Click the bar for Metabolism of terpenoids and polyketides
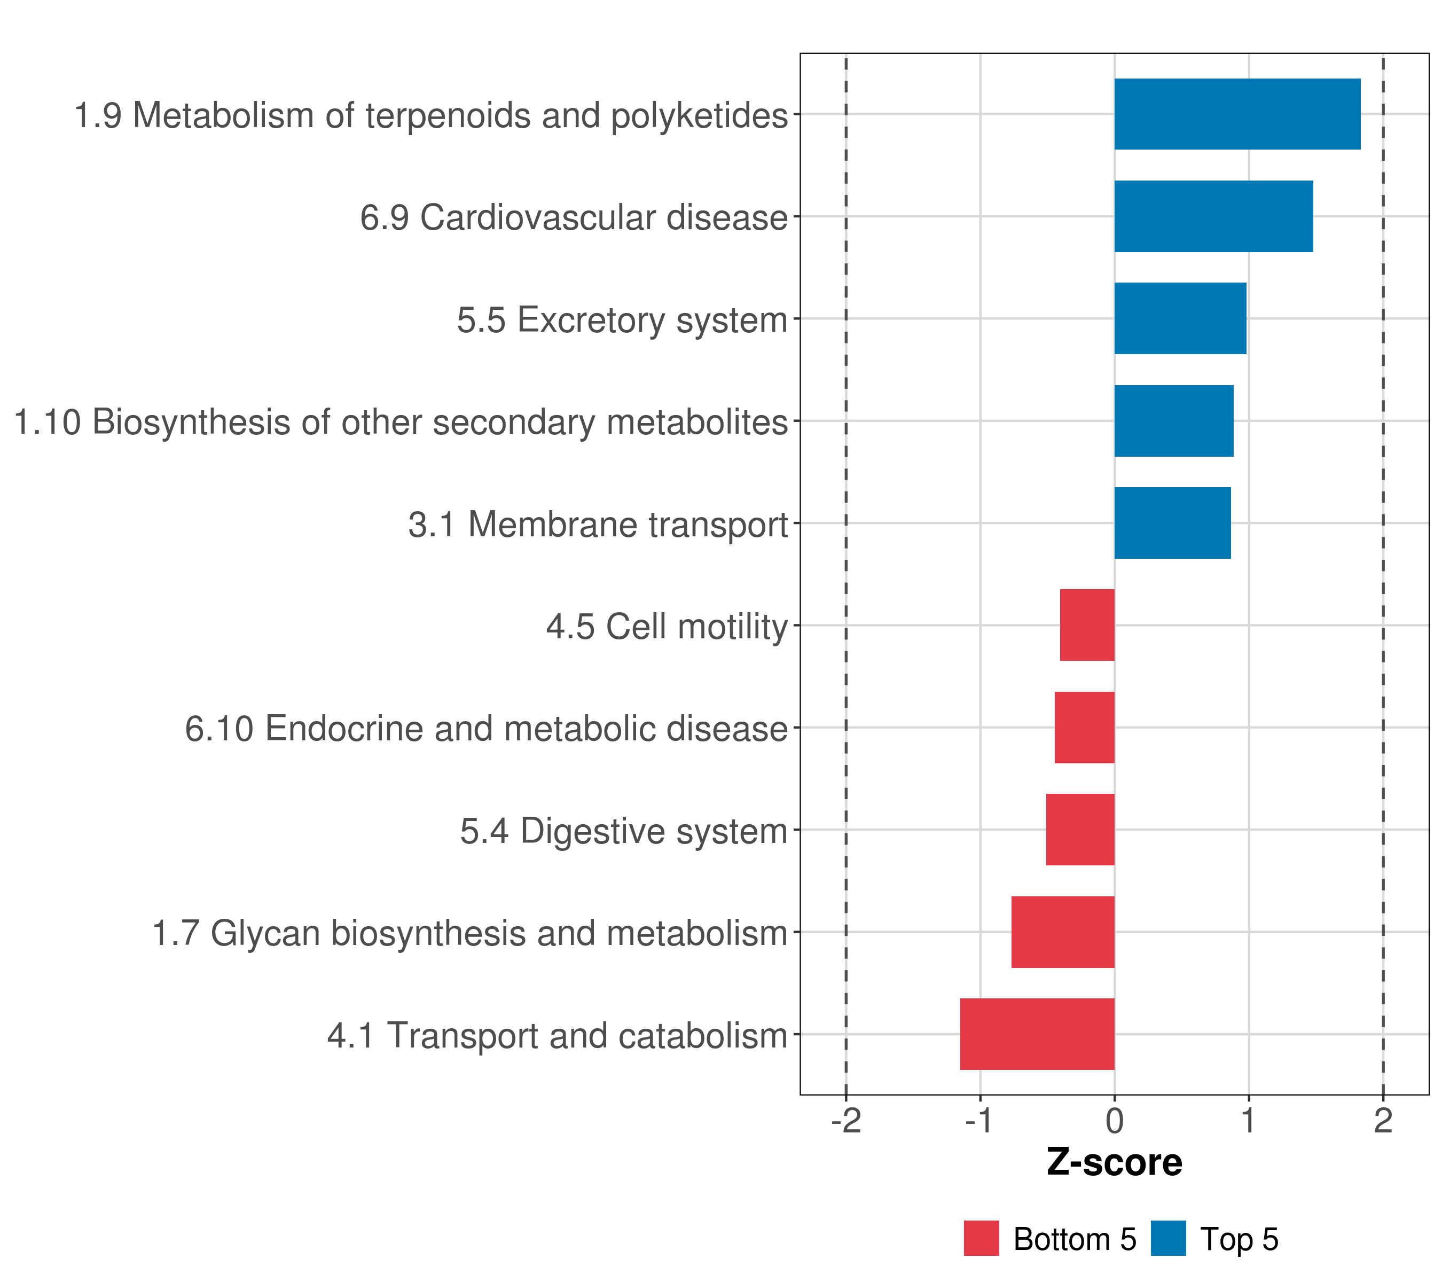(1237, 114)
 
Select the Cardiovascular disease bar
(1213, 217)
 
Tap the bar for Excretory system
(1180, 318)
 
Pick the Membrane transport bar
(1172, 523)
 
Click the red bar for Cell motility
(1087, 625)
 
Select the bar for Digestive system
(1080, 830)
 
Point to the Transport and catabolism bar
(1037, 1034)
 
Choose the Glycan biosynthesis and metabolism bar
(1063, 932)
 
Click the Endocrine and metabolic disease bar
(1084, 728)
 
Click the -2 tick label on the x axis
(846, 1121)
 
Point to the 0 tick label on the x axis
(1115, 1121)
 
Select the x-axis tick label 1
(1249, 1121)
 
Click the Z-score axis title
(1115, 1163)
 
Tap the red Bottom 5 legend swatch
(981, 1239)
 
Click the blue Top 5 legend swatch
(1168, 1239)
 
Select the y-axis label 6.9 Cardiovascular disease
(574, 217)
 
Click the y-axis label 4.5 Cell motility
(667, 627)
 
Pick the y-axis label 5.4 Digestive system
(624, 831)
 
